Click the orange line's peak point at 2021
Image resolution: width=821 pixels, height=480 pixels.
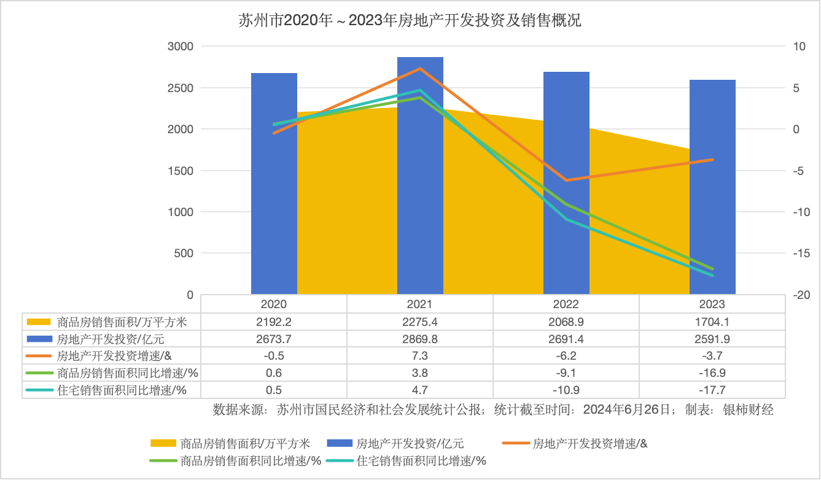click(x=420, y=68)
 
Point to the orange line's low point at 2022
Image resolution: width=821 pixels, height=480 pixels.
click(x=566, y=180)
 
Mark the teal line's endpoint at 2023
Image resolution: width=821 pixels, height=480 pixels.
click(x=712, y=276)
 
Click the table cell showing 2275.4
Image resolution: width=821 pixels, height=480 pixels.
click(x=420, y=321)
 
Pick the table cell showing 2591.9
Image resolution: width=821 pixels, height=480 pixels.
click(x=712, y=338)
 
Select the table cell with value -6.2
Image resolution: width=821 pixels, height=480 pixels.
click(x=566, y=355)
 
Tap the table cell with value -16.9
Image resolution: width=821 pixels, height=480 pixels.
click(x=712, y=373)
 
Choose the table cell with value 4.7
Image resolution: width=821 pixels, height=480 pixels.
click(x=420, y=390)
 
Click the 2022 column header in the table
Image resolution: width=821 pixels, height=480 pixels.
click(x=566, y=304)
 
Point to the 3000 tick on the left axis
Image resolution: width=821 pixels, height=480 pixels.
click(x=181, y=47)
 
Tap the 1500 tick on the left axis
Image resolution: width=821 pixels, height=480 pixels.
click(x=181, y=171)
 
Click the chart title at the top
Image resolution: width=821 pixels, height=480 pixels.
click(x=410, y=21)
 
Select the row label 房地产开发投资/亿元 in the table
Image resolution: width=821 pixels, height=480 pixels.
click(x=111, y=338)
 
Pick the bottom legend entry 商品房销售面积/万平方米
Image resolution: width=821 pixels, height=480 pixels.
click(x=244, y=443)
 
